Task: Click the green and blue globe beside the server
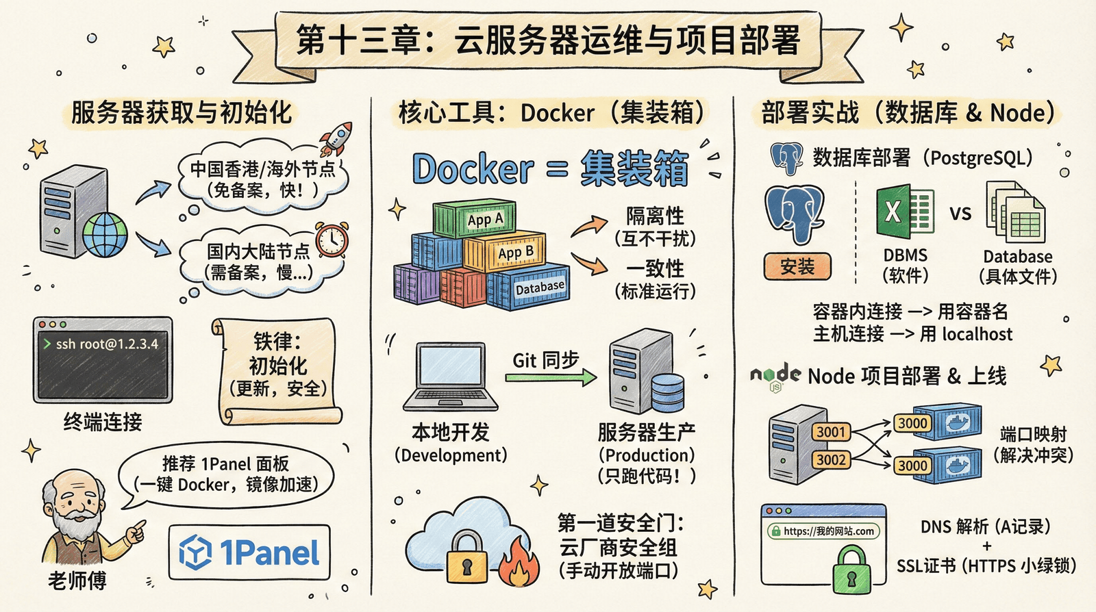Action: coord(105,234)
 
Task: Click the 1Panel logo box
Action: coord(249,552)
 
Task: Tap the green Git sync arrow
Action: coord(551,377)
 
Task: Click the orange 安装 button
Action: coord(797,266)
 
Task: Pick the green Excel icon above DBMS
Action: coord(904,211)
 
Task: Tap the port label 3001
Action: coord(832,432)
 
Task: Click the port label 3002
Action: coord(832,459)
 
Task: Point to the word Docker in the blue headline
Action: coord(473,169)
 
